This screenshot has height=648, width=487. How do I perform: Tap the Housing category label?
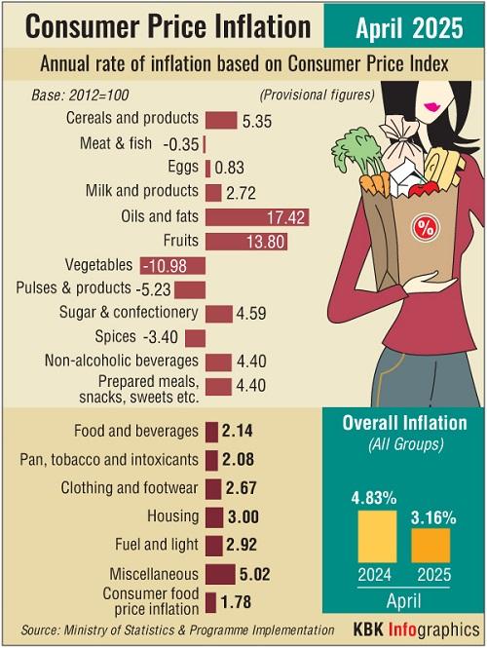(172, 516)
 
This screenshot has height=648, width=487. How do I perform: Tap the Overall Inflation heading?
(405, 424)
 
